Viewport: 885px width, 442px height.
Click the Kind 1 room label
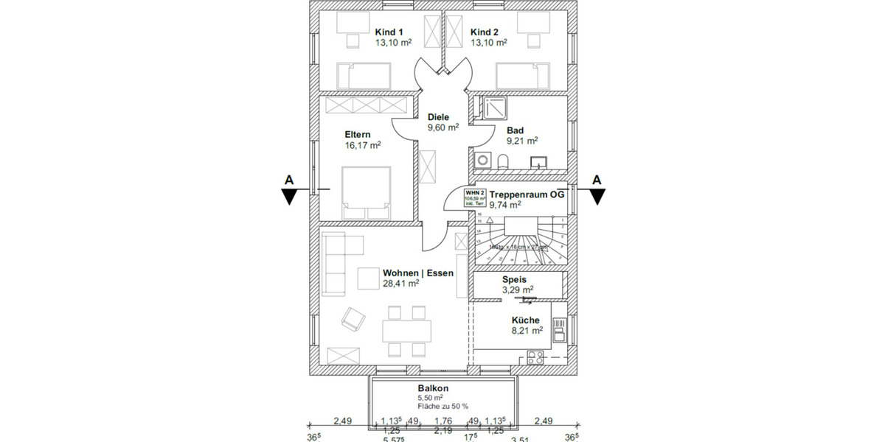pos(389,32)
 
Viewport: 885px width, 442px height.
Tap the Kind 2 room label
pos(485,32)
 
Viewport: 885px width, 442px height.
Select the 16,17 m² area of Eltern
pos(362,146)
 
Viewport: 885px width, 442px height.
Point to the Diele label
pos(439,116)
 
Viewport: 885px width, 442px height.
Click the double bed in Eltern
pos(366,192)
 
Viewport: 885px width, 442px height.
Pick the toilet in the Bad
pos(503,161)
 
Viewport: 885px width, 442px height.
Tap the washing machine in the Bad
pos(483,159)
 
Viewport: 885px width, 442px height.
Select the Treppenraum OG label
pos(527,196)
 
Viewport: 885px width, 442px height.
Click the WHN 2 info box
pos(474,198)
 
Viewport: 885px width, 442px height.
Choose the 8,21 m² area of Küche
pos(527,331)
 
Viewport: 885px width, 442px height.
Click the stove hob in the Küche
pos(535,358)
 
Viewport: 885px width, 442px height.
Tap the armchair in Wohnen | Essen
pos(353,318)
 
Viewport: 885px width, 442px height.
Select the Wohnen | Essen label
pos(417,272)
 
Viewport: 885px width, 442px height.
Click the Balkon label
pos(432,388)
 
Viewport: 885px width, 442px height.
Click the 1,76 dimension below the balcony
pos(442,421)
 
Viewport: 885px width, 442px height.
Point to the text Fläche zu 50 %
pos(443,406)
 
